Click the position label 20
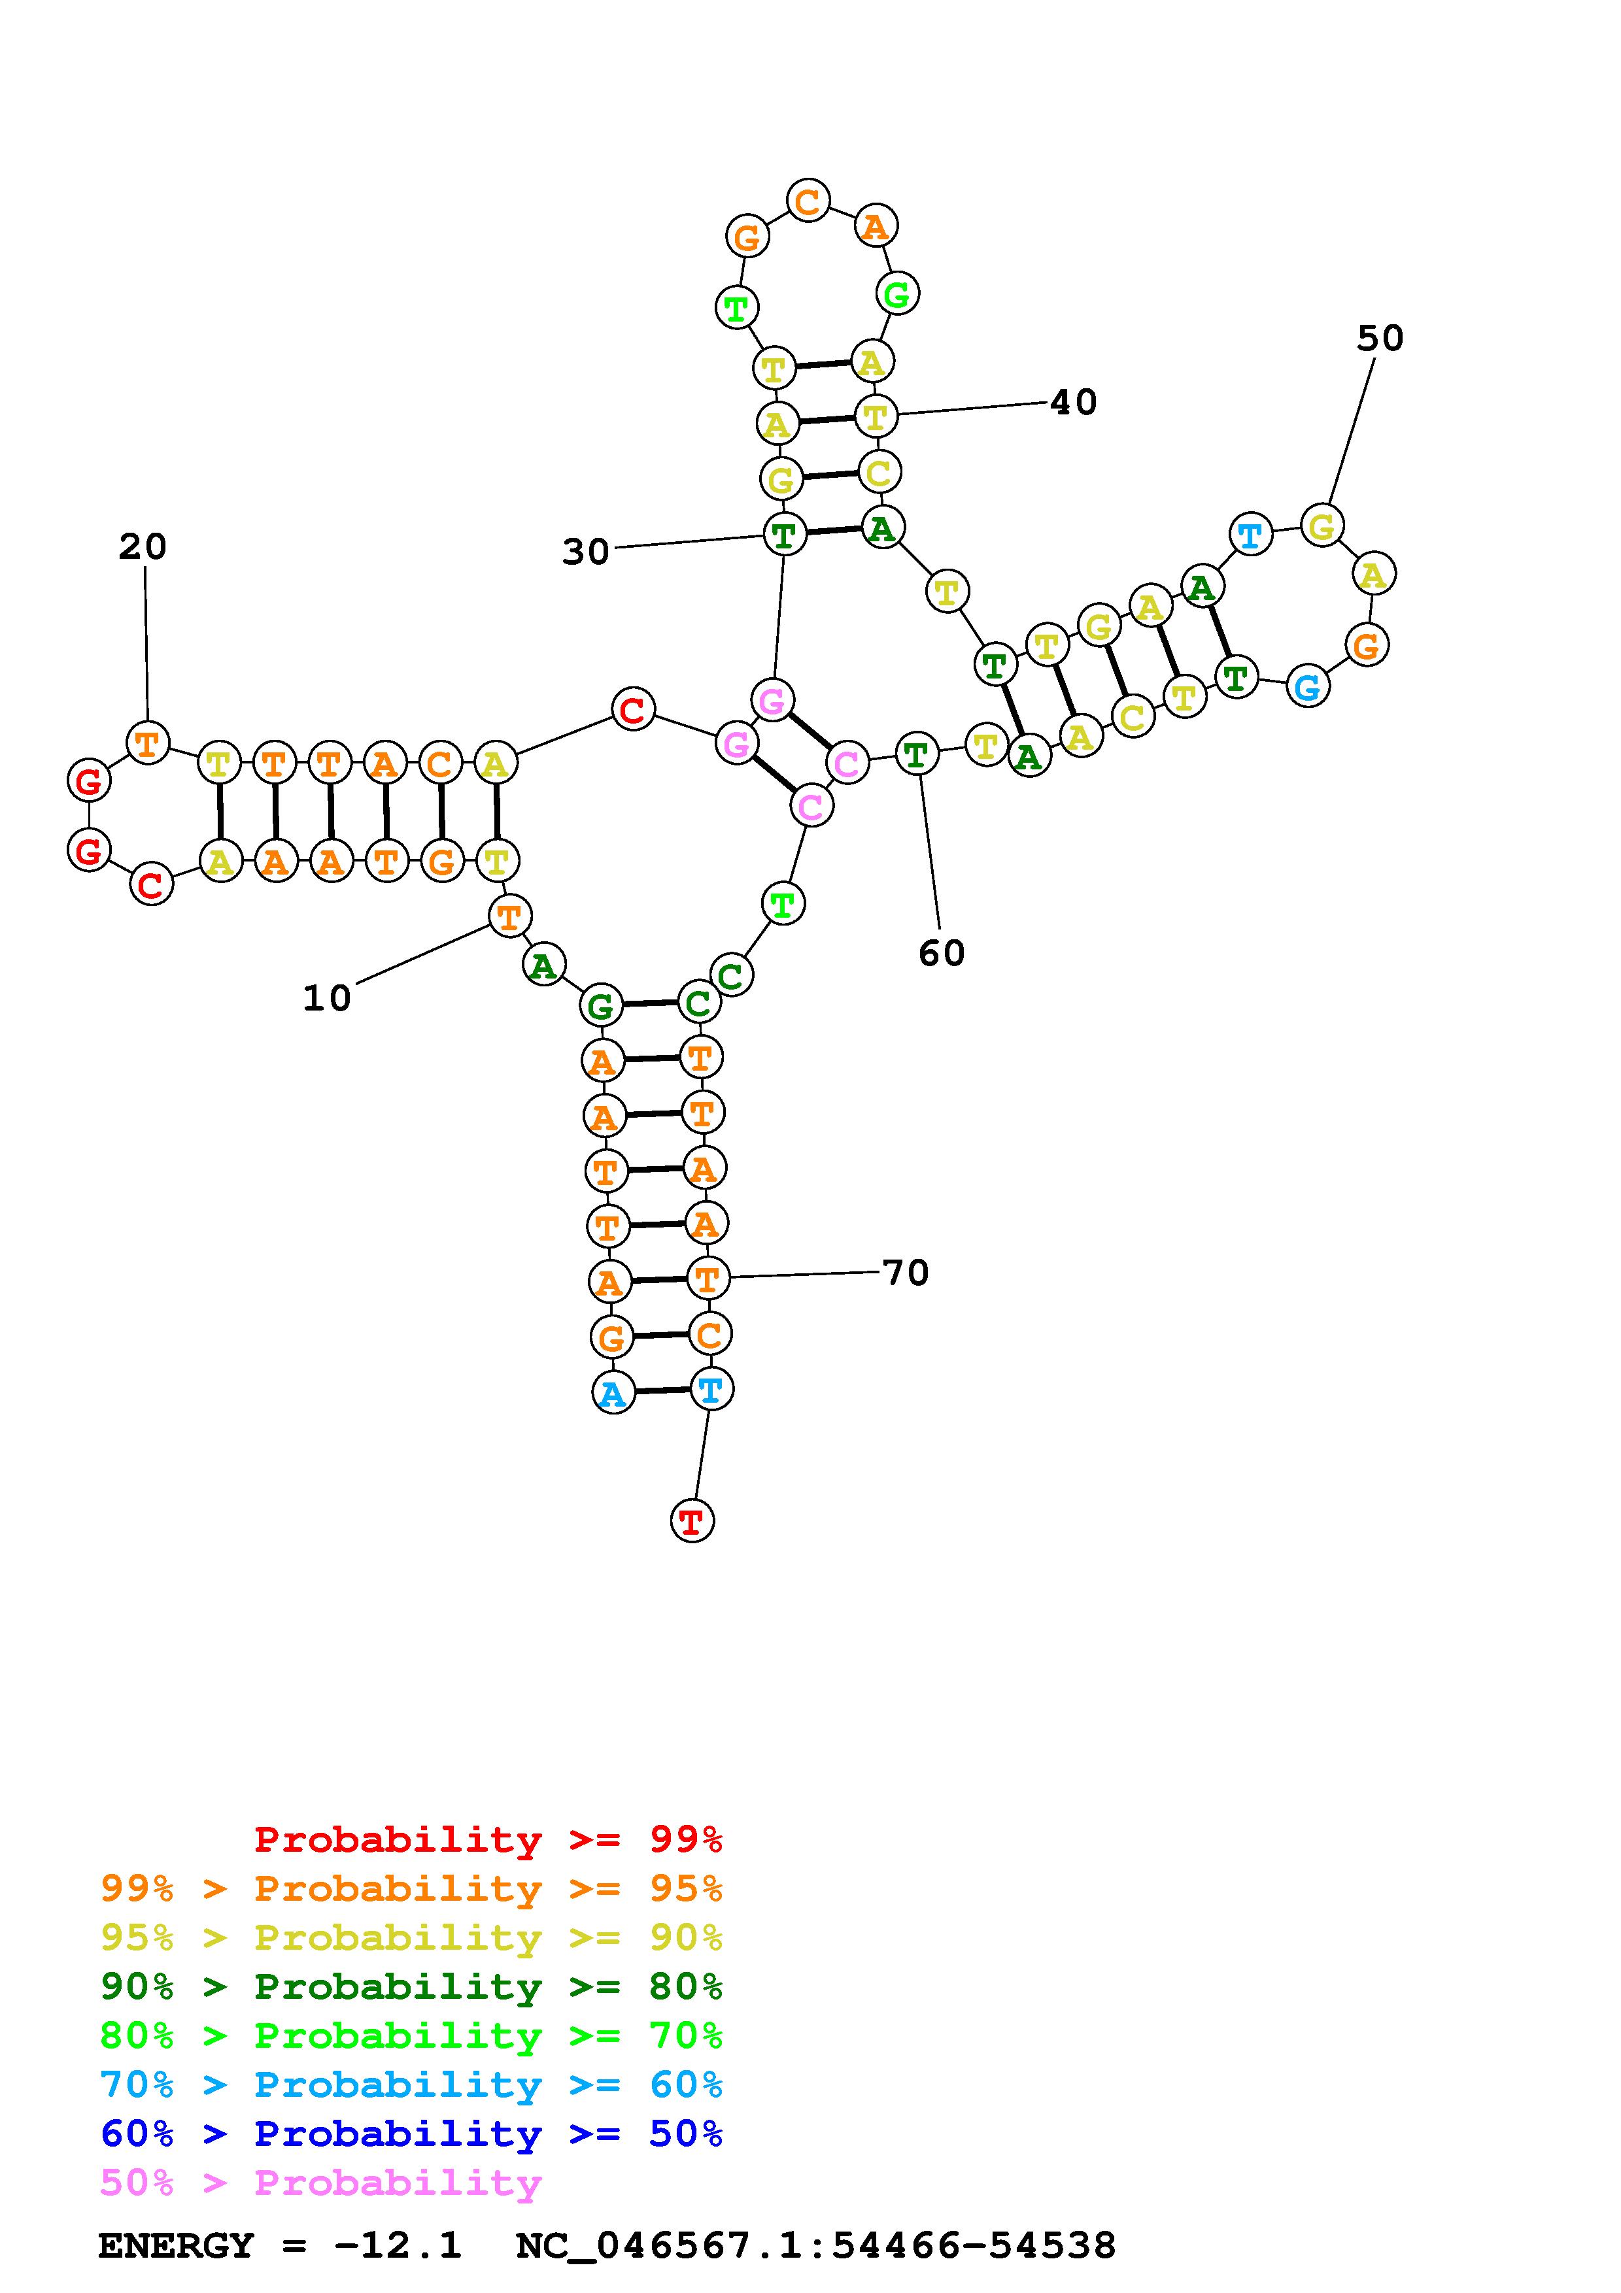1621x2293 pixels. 142,546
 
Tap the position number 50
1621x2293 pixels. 1379,339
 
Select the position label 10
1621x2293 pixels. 326,997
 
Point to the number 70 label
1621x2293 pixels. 906,1273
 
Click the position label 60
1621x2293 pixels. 941,953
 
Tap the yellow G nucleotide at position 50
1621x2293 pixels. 1322,526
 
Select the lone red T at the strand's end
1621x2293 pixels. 691,1521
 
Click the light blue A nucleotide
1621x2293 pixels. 613,1392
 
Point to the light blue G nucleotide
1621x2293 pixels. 1307,686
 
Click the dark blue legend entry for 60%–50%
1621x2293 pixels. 411,2134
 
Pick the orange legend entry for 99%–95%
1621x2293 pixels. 411,1888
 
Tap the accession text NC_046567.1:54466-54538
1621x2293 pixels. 815,2246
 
